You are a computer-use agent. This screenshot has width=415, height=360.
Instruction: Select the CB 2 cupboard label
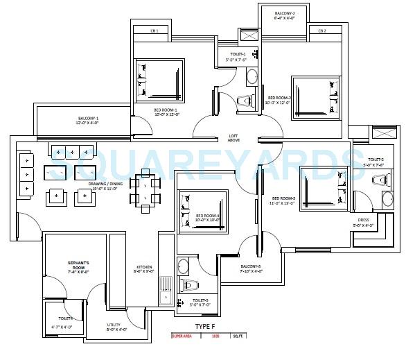[x=321, y=31]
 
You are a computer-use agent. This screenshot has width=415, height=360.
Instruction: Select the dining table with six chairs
[x=145, y=189]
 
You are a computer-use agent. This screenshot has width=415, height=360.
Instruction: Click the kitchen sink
[x=165, y=291]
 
